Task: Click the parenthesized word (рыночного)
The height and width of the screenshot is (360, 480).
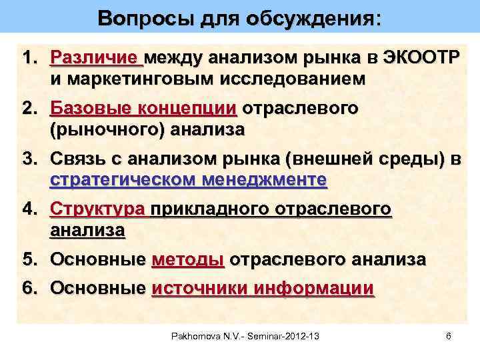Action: click(107, 129)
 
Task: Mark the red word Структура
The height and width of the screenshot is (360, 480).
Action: click(97, 209)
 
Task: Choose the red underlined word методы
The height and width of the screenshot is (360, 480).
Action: click(188, 259)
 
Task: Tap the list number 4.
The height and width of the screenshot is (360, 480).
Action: click(31, 209)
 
